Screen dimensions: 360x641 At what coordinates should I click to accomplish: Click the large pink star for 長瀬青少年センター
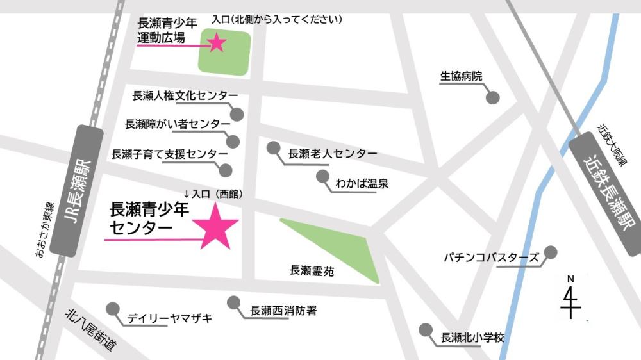(x=217, y=225)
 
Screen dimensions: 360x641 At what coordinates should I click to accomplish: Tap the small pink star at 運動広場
(x=216, y=43)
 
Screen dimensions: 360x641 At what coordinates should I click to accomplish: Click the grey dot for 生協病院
(x=492, y=98)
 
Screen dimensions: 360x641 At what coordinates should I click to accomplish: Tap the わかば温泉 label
(x=362, y=184)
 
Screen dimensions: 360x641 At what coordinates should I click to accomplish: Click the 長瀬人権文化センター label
(x=185, y=96)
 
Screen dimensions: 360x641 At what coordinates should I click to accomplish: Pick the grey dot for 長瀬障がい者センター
(x=233, y=142)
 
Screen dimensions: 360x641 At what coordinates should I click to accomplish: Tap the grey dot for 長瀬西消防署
(x=235, y=302)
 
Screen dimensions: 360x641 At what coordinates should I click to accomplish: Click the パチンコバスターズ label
(x=492, y=258)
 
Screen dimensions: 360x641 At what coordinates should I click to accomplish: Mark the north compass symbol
(x=570, y=298)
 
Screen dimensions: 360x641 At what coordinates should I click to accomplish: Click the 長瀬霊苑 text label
(x=312, y=272)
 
